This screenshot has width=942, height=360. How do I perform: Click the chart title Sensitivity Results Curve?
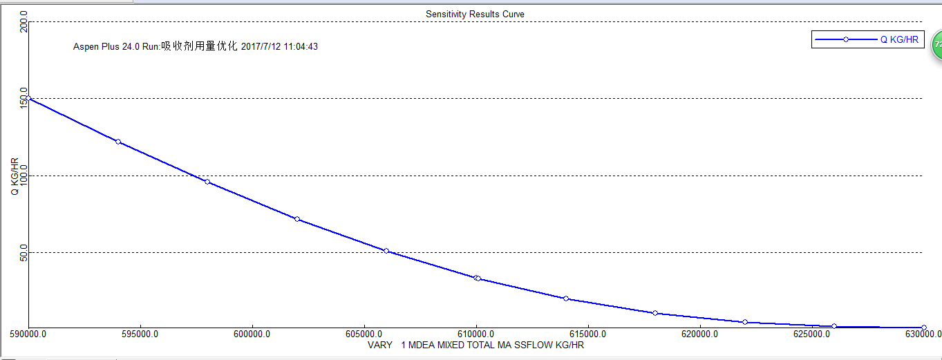475,14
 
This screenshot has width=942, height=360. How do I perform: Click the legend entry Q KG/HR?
898,40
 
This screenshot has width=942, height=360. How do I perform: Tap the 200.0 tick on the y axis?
23,26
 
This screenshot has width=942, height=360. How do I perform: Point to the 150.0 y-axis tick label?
23,98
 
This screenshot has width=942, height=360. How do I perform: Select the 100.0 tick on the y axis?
23,176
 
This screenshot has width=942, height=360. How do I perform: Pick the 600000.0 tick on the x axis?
252,334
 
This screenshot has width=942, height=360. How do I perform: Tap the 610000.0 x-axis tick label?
476,334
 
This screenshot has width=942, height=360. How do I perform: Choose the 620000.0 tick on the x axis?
699,334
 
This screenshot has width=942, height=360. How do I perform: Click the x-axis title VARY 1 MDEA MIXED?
476,345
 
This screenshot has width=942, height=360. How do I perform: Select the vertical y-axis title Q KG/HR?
15,176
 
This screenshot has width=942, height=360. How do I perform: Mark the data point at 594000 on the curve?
118,142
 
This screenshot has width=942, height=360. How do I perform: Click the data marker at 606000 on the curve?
386,251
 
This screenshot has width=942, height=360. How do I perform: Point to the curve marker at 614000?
566,299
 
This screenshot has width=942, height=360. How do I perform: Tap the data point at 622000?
745,322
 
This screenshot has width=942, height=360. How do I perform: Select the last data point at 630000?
924,328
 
